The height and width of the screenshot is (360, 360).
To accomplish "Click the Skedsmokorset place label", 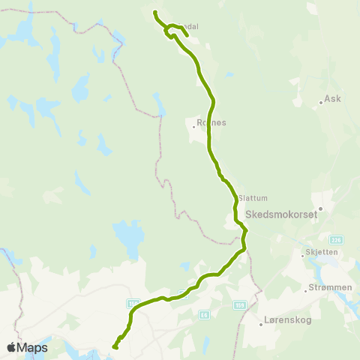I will click(281, 214).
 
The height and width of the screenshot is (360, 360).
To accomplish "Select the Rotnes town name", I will click(211, 122).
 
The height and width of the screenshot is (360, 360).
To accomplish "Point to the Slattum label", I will click(251, 199).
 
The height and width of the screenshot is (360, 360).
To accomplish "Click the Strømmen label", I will click(328, 287).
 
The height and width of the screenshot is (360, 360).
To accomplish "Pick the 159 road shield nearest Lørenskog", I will click(240, 305).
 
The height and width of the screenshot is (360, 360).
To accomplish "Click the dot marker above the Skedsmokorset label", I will click(320, 209).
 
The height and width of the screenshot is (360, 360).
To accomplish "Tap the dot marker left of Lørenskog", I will click(261, 325).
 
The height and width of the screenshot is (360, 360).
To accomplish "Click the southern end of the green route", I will click(115, 346).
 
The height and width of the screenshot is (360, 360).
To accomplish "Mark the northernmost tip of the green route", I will click(154, 13).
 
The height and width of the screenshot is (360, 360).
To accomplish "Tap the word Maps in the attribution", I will click(34, 348).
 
